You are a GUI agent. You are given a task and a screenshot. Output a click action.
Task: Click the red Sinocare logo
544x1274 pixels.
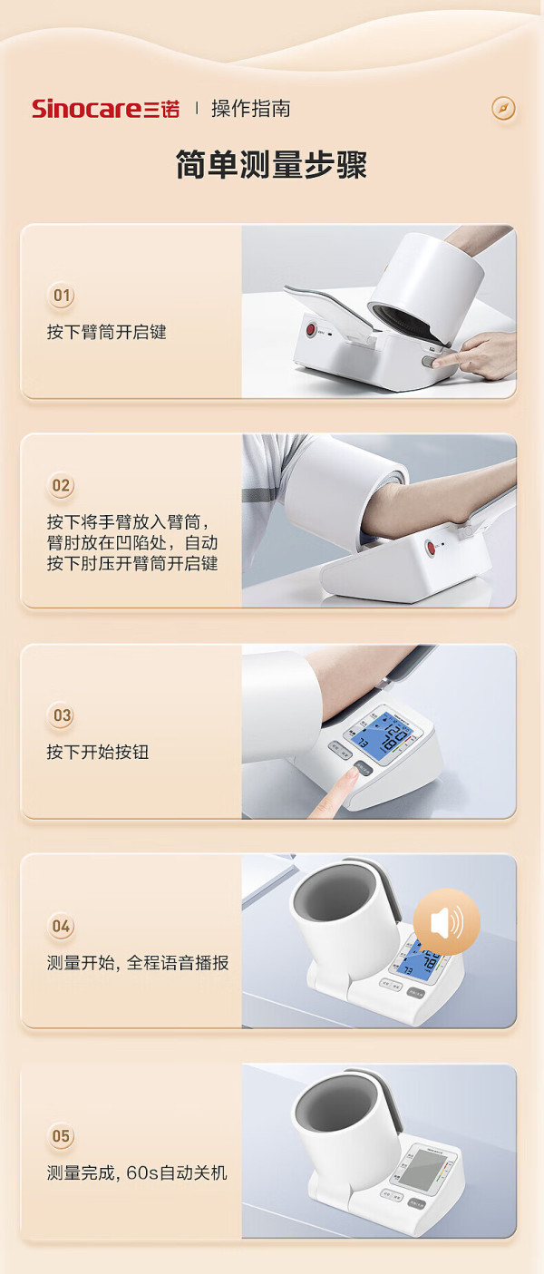pyautogui.click(x=106, y=108)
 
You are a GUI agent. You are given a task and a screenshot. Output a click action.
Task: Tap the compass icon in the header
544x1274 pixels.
pyautogui.click(x=503, y=108)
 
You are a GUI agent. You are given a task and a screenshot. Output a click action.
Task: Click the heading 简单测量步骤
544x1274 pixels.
pyautogui.click(x=271, y=165)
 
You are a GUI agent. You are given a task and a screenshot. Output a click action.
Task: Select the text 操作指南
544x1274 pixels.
pyautogui.click(x=250, y=108)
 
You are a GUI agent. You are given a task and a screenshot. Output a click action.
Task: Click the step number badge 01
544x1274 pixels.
pyautogui.click(x=61, y=296)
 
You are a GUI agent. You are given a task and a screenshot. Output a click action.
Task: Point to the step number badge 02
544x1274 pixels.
pyautogui.click(x=61, y=485)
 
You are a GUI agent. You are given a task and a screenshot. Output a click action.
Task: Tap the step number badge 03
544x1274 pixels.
pyautogui.click(x=61, y=715)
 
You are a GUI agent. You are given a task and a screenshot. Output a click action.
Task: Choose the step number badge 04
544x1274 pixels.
pyautogui.click(x=61, y=926)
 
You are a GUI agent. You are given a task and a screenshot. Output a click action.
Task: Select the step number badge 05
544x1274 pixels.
pyautogui.click(x=61, y=1136)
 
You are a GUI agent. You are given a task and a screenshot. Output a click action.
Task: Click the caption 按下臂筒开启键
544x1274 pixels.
pyautogui.click(x=106, y=332)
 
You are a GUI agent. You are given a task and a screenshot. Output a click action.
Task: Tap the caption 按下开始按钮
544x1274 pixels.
pyautogui.click(x=98, y=752)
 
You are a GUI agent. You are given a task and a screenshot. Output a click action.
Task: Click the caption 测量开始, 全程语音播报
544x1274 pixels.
pyautogui.click(x=138, y=963)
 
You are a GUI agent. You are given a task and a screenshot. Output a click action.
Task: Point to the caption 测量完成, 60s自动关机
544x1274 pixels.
pyautogui.click(x=137, y=1172)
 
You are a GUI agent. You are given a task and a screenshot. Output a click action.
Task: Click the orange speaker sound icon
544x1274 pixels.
pyautogui.click(x=447, y=922)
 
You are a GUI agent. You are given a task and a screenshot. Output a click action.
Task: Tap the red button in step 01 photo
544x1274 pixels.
pyautogui.click(x=311, y=330)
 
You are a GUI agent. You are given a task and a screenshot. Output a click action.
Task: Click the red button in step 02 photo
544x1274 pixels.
pyautogui.click(x=431, y=548)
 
